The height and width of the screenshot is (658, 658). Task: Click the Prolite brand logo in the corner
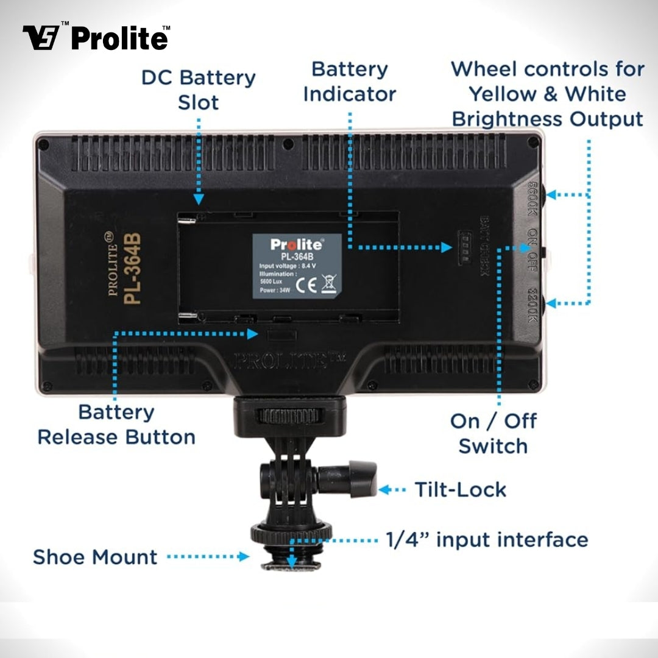pyautogui.click(x=96, y=38)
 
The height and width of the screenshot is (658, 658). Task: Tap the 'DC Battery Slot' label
pyautogui.click(x=198, y=90)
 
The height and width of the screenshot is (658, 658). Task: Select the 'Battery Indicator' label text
pyautogui.click(x=349, y=82)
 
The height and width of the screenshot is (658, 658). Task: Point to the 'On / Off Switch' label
pyautogui.click(x=493, y=433)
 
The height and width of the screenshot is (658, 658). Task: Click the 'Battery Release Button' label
pyautogui.click(x=116, y=425)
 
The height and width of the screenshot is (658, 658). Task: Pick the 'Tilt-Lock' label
pyautogui.click(x=460, y=489)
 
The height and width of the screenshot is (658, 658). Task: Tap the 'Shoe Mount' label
pyautogui.click(x=95, y=557)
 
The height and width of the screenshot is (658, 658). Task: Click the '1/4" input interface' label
pyautogui.click(x=487, y=540)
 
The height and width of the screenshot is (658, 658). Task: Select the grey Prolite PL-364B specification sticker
pyautogui.click(x=297, y=266)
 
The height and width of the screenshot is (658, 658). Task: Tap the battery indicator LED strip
pyautogui.click(x=464, y=248)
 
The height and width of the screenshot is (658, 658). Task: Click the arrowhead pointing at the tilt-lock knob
pyautogui.click(x=384, y=489)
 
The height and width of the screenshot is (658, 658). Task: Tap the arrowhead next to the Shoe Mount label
pyautogui.click(x=244, y=556)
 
